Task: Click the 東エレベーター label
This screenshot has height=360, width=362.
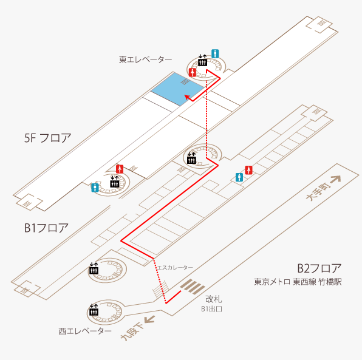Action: pyautogui.click(x=145, y=59)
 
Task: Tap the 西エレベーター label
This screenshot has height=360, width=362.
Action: pyautogui.click(x=85, y=331)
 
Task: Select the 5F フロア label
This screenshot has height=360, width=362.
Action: pyautogui.click(x=47, y=138)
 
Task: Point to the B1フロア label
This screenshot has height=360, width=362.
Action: pyautogui.click(x=46, y=228)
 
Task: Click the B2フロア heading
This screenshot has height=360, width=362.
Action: pyautogui.click(x=319, y=268)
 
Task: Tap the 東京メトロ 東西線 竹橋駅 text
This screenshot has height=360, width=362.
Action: pyautogui.click(x=298, y=282)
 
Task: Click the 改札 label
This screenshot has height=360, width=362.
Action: pyautogui.click(x=214, y=299)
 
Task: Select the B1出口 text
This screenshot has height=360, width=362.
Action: pyautogui.click(x=211, y=309)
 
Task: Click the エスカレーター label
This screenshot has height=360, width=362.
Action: pyautogui.click(x=175, y=268)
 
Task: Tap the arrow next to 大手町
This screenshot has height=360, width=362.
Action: pyautogui.click(x=335, y=179)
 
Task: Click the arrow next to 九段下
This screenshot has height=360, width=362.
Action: pyautogui.click(x=149, y=319)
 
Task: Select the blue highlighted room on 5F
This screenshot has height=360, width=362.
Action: pyautogui.click(x=178, y=89)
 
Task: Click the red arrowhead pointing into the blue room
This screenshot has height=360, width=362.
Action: pyautogui.click(x=188, y=97)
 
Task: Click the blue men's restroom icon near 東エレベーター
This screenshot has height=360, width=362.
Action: pyautogui.click(x=215, y=54)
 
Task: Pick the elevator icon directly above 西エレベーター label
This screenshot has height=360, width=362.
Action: pyautogui.click(x=94, y=310)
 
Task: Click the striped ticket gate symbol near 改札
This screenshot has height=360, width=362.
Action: pyautogui.click(x=193, y=287)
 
